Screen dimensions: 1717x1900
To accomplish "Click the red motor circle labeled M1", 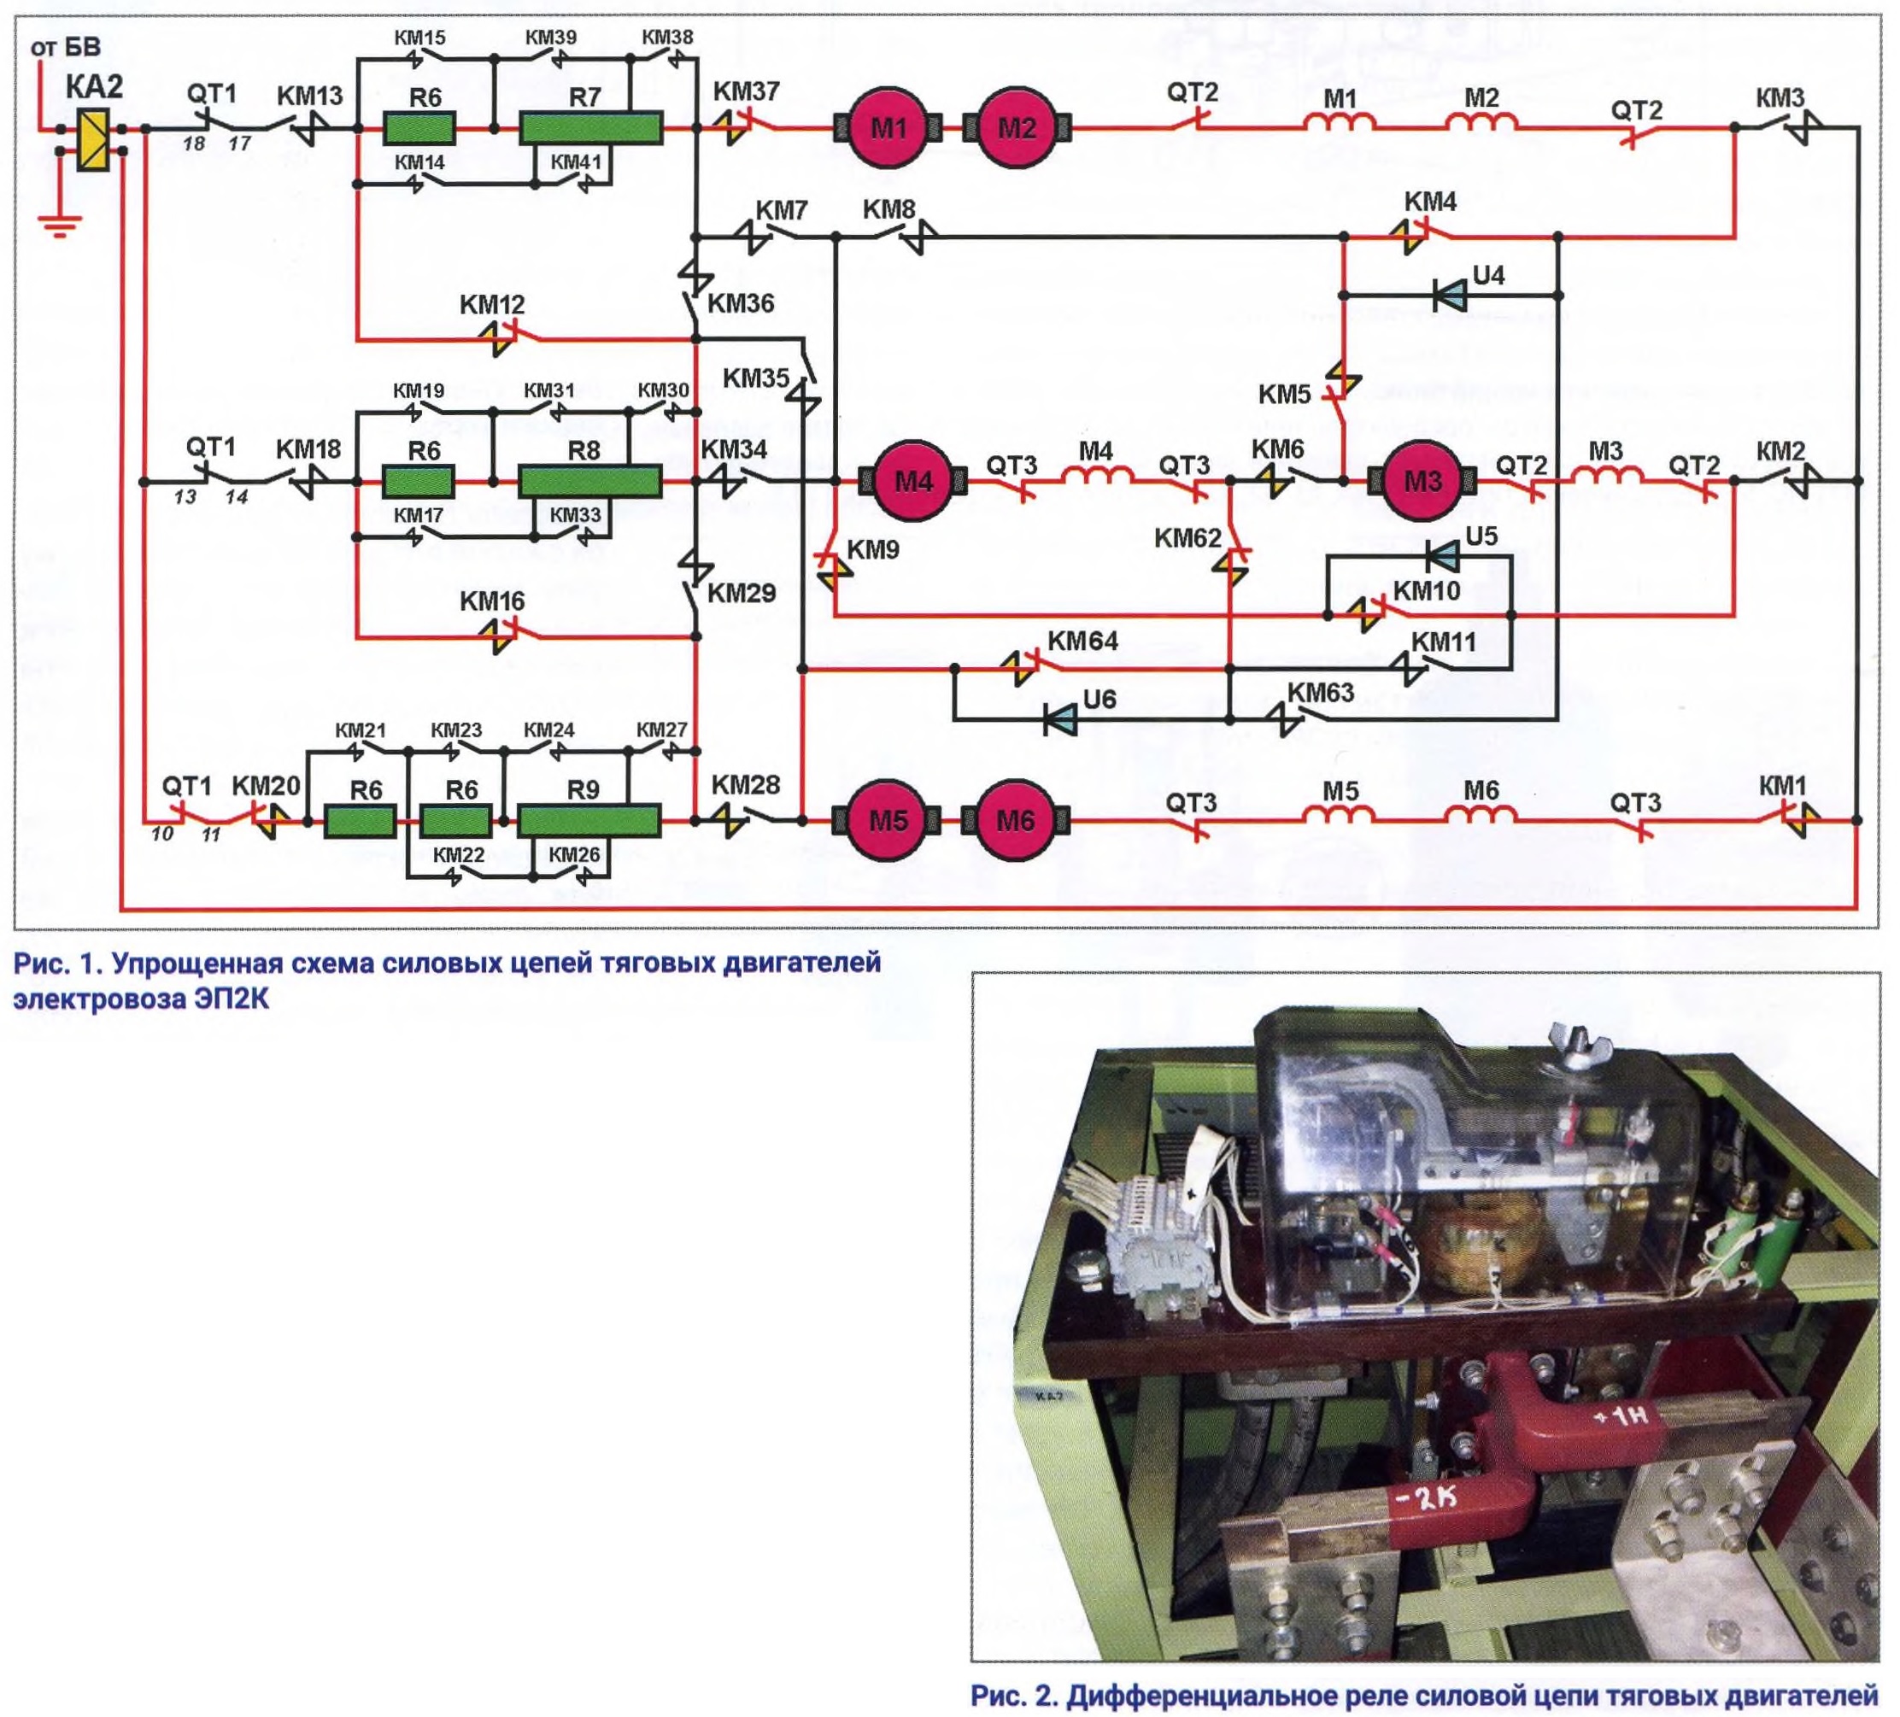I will tap(888, 128).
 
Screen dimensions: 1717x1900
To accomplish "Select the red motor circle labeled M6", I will tap(1015, 821).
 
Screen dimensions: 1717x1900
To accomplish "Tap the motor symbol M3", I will tap(1422, 482).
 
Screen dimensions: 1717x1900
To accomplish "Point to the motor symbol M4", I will tap(913, 482).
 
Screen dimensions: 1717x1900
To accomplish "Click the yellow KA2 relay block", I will tap(92, 140).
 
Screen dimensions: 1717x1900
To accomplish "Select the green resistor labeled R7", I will tap(591, 128).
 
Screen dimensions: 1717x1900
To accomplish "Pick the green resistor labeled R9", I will tap(589, 821).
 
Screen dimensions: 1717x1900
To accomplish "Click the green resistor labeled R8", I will tap(589, 482).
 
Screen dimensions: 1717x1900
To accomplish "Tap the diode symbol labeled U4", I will tap(1450, 296).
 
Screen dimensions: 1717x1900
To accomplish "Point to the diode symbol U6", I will tap(1060, 721).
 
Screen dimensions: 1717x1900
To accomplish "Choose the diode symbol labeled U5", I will tap(1442, 557).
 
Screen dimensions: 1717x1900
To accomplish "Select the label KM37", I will tap(746, 91).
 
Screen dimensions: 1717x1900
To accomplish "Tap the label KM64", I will tap(1083, 642).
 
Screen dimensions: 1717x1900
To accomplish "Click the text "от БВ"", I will tap(65, 46).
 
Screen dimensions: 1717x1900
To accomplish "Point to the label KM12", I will tap(492, 305).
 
